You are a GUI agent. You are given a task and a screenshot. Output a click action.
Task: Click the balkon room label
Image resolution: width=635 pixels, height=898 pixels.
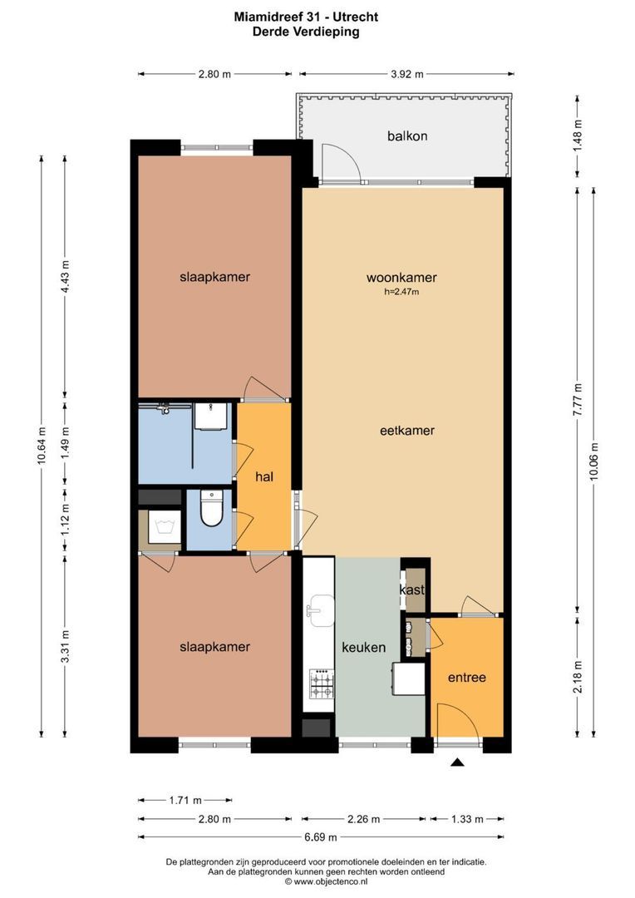click(407, 136)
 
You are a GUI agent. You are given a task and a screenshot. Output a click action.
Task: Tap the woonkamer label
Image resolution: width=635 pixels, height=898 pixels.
click(402, 278)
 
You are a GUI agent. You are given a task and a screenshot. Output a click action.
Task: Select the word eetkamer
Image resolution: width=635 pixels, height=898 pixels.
click(407, 431)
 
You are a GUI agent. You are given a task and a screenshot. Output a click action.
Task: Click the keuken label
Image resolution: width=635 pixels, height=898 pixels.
click(363, 647)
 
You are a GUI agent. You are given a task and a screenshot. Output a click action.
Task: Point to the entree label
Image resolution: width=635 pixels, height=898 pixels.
click(466, 678)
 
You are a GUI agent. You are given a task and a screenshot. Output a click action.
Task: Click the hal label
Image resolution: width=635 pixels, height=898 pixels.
click(264, 476)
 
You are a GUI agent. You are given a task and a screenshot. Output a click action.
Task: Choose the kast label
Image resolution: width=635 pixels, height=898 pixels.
click(412, 590)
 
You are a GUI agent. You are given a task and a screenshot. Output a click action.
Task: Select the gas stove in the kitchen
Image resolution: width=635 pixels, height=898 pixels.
click(322, 684)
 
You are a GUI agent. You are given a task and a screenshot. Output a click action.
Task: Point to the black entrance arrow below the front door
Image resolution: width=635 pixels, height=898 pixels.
click(457, 762)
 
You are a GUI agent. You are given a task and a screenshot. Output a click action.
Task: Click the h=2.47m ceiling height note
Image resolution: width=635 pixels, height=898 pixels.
click(401, 292)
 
